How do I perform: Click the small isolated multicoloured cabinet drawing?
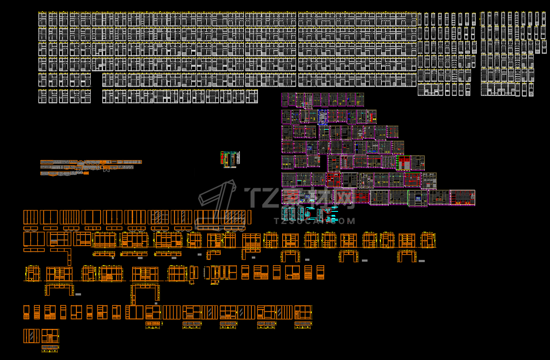click(x=230, y=159)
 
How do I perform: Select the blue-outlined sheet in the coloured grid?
click(x=323, y=117)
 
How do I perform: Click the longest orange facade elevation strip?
click(x=91, y=162)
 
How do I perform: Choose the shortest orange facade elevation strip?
click(x=65, y=173)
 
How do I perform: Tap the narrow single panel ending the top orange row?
click(x=249, y=217)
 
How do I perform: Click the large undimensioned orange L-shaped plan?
click(x=61, y=256)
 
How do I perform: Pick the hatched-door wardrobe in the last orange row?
click(x=31, y=336)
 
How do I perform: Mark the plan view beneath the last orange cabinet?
click(x=50, y=347)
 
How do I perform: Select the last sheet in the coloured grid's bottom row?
click(x=462, y=197)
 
